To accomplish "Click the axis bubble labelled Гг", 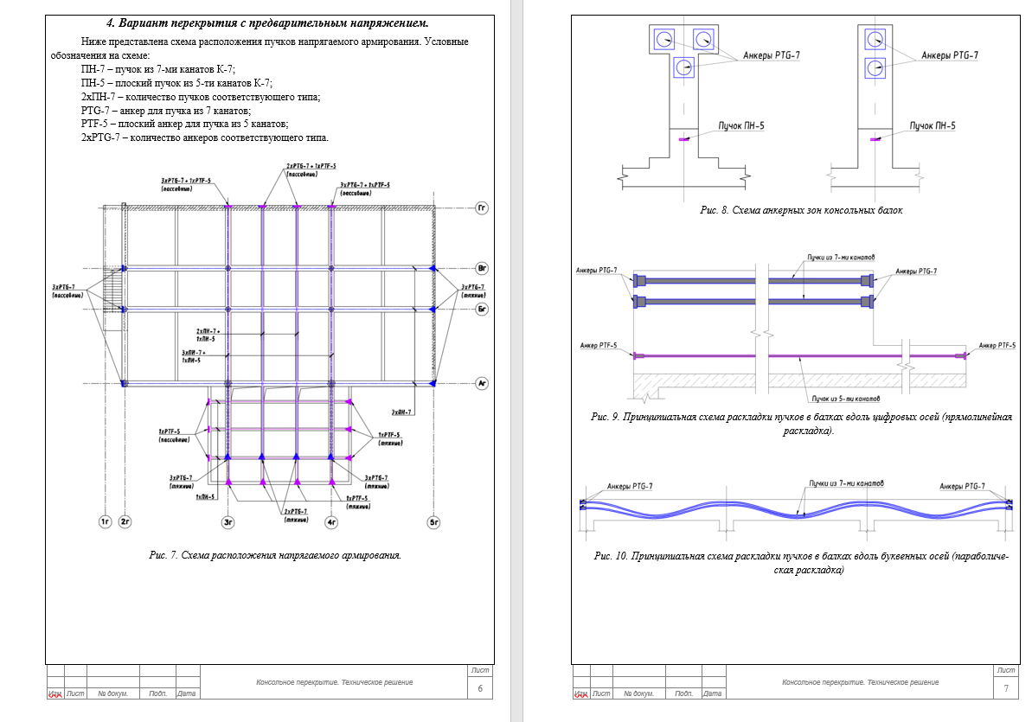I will pyautogui.click(x=483, y=208).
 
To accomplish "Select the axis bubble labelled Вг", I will pyautogui.click(x=483, y=269).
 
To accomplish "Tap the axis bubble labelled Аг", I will pyautogui.click(x=483, y=382).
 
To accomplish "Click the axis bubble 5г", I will pyautogui.click(x=434, y=521).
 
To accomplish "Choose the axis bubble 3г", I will pyautogui.click(x=228, y=521).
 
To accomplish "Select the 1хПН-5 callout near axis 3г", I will pyautogui.click(x=204, y=497).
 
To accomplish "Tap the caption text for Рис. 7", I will pyautogui.click(x=275, y=555).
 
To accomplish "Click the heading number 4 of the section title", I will pyautogui.click(x=110, y=22).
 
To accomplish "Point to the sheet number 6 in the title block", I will pyautogui.click(x=480, y=688).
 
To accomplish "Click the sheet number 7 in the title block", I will pyautogui.click(x=1006, y=688).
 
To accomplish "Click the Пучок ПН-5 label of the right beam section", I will pyautogui.click(x=933, y=126).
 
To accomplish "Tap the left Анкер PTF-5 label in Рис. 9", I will pyautogui.click(x=599, y=346).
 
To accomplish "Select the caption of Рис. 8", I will pyautogui.click(x=801, y=210).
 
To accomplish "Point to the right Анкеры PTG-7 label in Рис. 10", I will pyautogui.click(x=962, y=487).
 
